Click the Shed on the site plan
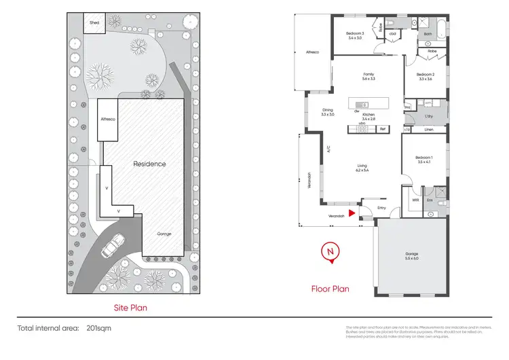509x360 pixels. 94,22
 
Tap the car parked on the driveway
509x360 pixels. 113,246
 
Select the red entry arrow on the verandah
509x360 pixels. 351,213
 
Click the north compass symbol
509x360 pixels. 331,251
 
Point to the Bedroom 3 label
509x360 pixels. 355,34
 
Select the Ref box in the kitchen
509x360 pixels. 382,129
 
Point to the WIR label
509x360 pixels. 415,200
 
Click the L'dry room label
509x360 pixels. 428,117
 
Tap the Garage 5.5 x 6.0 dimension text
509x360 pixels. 412,258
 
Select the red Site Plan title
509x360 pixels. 130,308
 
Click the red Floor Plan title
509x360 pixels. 330,289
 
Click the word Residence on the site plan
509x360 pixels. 149,164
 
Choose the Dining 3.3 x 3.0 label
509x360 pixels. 328,112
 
